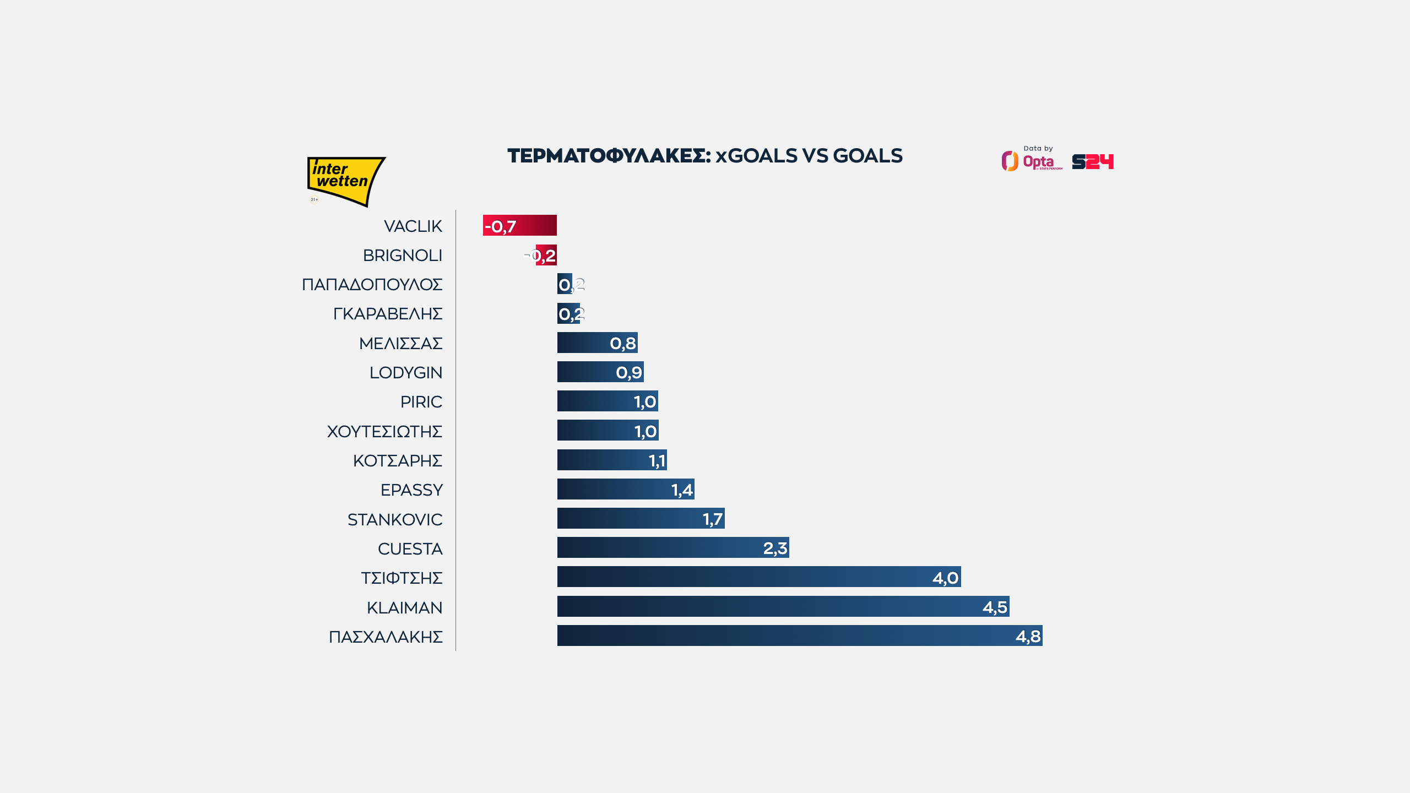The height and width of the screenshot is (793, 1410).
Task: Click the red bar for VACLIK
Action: (x=519, y=225)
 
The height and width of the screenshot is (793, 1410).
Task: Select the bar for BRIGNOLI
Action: (x=546, y=255)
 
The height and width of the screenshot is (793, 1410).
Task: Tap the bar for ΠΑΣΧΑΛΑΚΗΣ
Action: (x=799, y=636)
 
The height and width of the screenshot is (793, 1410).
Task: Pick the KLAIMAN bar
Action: (x=783, y=606)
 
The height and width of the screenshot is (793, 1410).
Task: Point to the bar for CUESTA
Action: (x=673, y=547)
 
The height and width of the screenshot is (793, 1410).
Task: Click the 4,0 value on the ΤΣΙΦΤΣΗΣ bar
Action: (x=945, y=578)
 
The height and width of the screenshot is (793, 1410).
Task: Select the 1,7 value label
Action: (x=712, y=519)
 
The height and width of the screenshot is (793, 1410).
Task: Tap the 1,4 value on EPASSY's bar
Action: (x=682, y=490)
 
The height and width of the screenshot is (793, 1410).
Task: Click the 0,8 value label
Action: (x=623, y=343)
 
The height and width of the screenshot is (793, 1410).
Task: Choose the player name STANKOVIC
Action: (x=394, y=519)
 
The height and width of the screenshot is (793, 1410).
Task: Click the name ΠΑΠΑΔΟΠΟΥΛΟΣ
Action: (x=372, y=285)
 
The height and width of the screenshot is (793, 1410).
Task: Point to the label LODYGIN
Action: (x=405, y=373)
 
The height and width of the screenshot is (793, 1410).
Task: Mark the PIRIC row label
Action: (x=421, y=402)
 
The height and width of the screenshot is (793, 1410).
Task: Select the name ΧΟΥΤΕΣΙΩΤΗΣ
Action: (x=384, y=431)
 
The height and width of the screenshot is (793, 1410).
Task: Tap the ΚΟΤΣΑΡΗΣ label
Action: (x=397, y=460)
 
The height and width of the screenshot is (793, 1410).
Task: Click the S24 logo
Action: (x=1092, y=161)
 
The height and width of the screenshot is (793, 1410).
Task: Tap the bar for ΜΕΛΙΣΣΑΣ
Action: (x=597, y=343)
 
